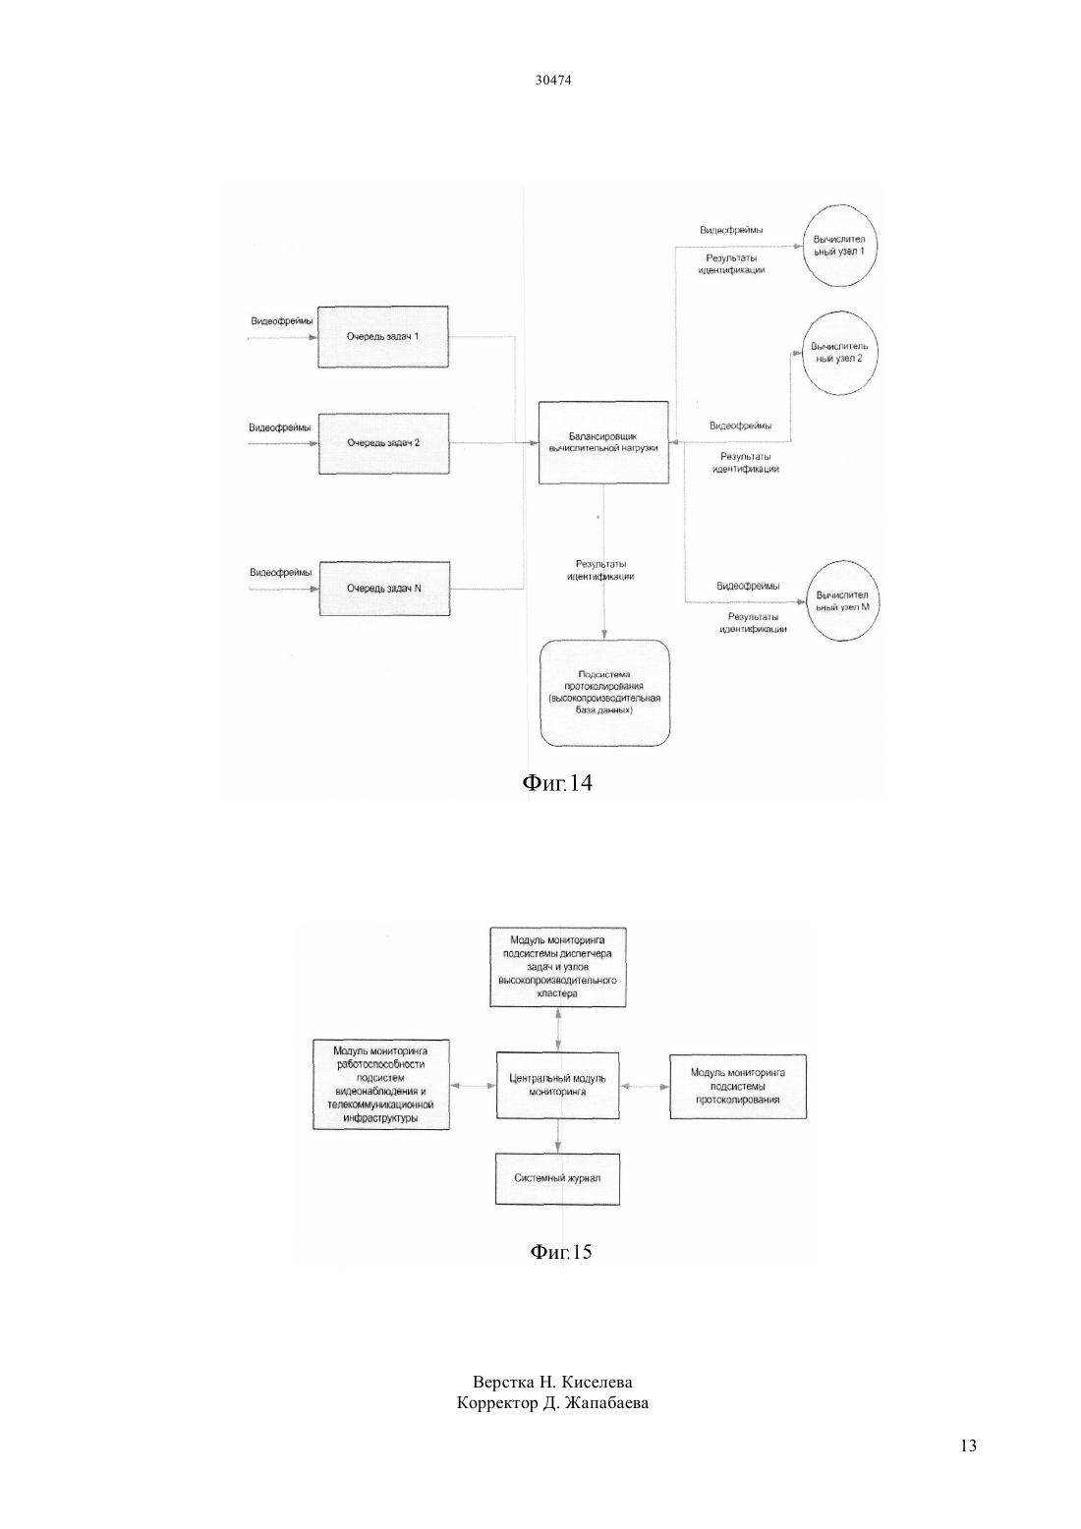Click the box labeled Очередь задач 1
pos(383,336)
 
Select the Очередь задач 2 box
pos(383,443)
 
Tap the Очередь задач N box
pos(385,589)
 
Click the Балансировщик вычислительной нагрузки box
pos(603,442)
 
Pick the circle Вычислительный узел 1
pos(839,246)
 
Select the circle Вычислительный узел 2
pos(839,353)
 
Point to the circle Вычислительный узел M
pos(842,600)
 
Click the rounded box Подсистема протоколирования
pos(604,693)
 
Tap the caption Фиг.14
pos(557,782)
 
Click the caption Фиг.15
pos(561,1251)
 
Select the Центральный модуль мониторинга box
pos(557,1085)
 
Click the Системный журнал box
pos(557,1179)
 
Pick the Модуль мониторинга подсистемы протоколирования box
pos(738,1086)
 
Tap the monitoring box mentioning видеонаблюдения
pos(381,1085)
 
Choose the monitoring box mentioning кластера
pos(557,967)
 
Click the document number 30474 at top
pos(553,81)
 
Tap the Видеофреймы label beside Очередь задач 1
pos(282,320)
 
